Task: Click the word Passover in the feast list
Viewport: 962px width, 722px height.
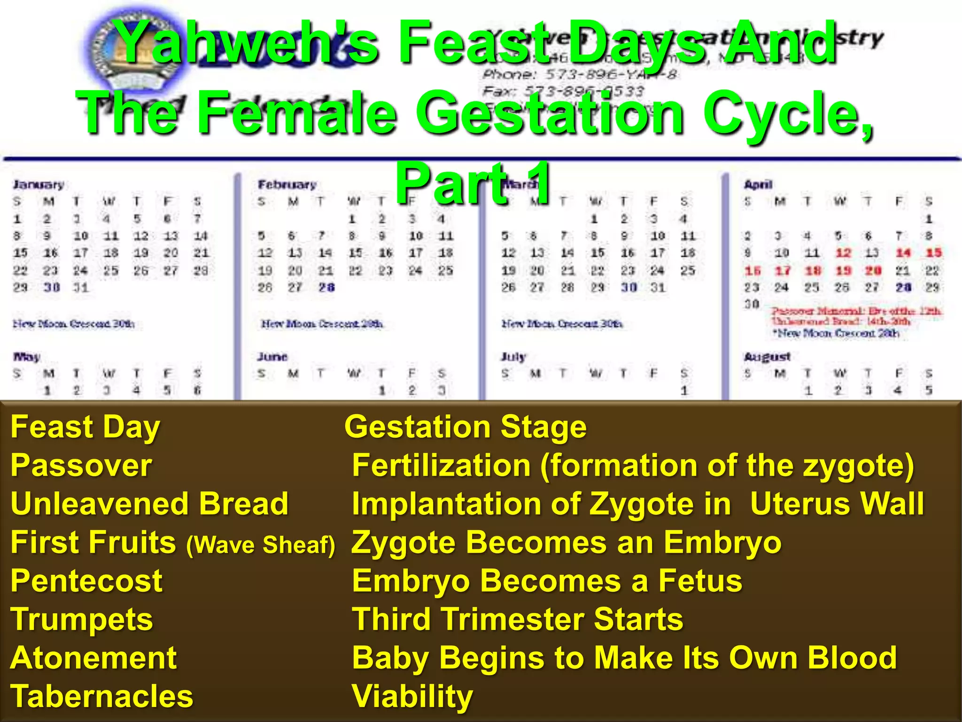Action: pyautogui.click(x=81, y=466)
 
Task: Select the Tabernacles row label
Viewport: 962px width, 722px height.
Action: pyautogui.click(x=101, y=696)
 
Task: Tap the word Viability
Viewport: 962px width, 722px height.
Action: pyautogui.click(x=412, y=696)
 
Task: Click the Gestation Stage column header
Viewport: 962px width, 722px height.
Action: pyautogui.click(x=465, y=427)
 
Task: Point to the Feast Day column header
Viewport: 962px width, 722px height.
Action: pyautogui.click(x=85, y=427)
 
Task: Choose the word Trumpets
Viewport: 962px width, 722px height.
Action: pyautogui.click(x=82, y=619)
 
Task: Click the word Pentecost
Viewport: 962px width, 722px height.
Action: pyautogui.click(x=86, y=581)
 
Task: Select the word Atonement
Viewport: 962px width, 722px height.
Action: pyautogui.click(x=93, y=658)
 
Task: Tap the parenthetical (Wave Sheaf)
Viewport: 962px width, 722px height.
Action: pyautogui.click(x=261, y=545)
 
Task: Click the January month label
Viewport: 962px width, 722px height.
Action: pyautogui.click(x=38, y=184)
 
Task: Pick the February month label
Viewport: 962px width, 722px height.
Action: pyautogui.click(x=287, y=184)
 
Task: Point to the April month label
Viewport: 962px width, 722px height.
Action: pyautogui.click(x=758, y=184)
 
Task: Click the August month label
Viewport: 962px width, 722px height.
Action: pyautogui.click(x=767, y=357)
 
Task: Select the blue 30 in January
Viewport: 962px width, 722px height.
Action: pyautogui.click(x=51, y=287)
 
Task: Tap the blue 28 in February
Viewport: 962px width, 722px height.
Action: pyautogui.click(x=326, y=287)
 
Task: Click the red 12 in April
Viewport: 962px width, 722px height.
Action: pyautogui.click(x=843, y=253)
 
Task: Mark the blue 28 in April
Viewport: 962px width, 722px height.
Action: pyautogui.click(x=903, y=287)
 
